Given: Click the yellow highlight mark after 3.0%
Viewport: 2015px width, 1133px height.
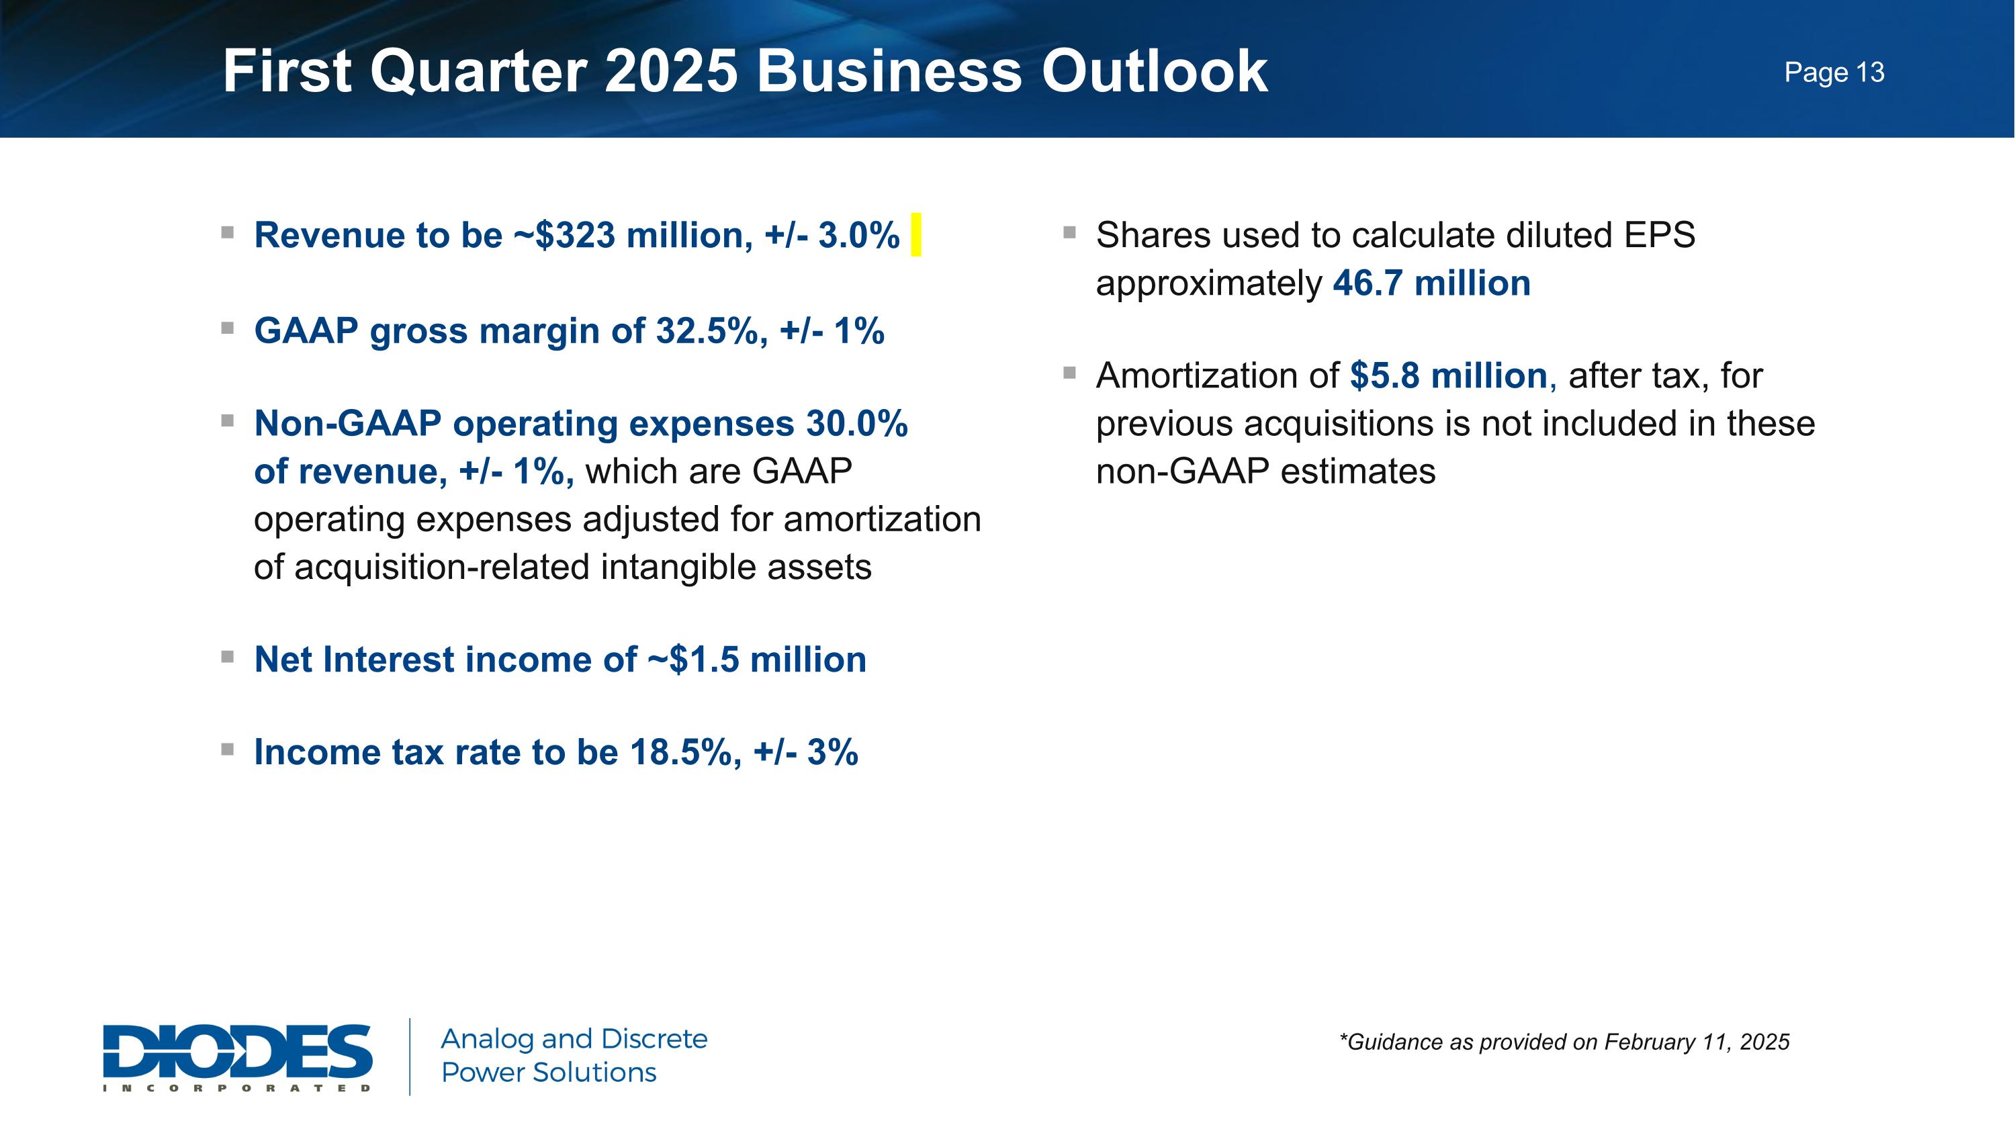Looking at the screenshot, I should coord(916,234).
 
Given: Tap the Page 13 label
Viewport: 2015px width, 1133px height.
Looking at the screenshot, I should coord(1834,73).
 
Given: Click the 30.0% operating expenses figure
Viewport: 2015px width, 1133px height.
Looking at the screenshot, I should coord(856,424).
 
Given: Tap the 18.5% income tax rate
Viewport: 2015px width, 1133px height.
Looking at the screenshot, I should coord(680,752).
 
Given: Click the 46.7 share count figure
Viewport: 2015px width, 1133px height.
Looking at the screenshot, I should coord(1368,283).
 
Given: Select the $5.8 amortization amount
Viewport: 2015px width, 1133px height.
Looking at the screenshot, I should coord(1384,376).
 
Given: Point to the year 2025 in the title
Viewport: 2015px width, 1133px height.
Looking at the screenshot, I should coord(671,71).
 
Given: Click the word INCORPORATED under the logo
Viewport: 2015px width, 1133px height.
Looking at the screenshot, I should coord(237,1087).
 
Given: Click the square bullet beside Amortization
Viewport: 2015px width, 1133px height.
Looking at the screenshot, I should coord(1069,373).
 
